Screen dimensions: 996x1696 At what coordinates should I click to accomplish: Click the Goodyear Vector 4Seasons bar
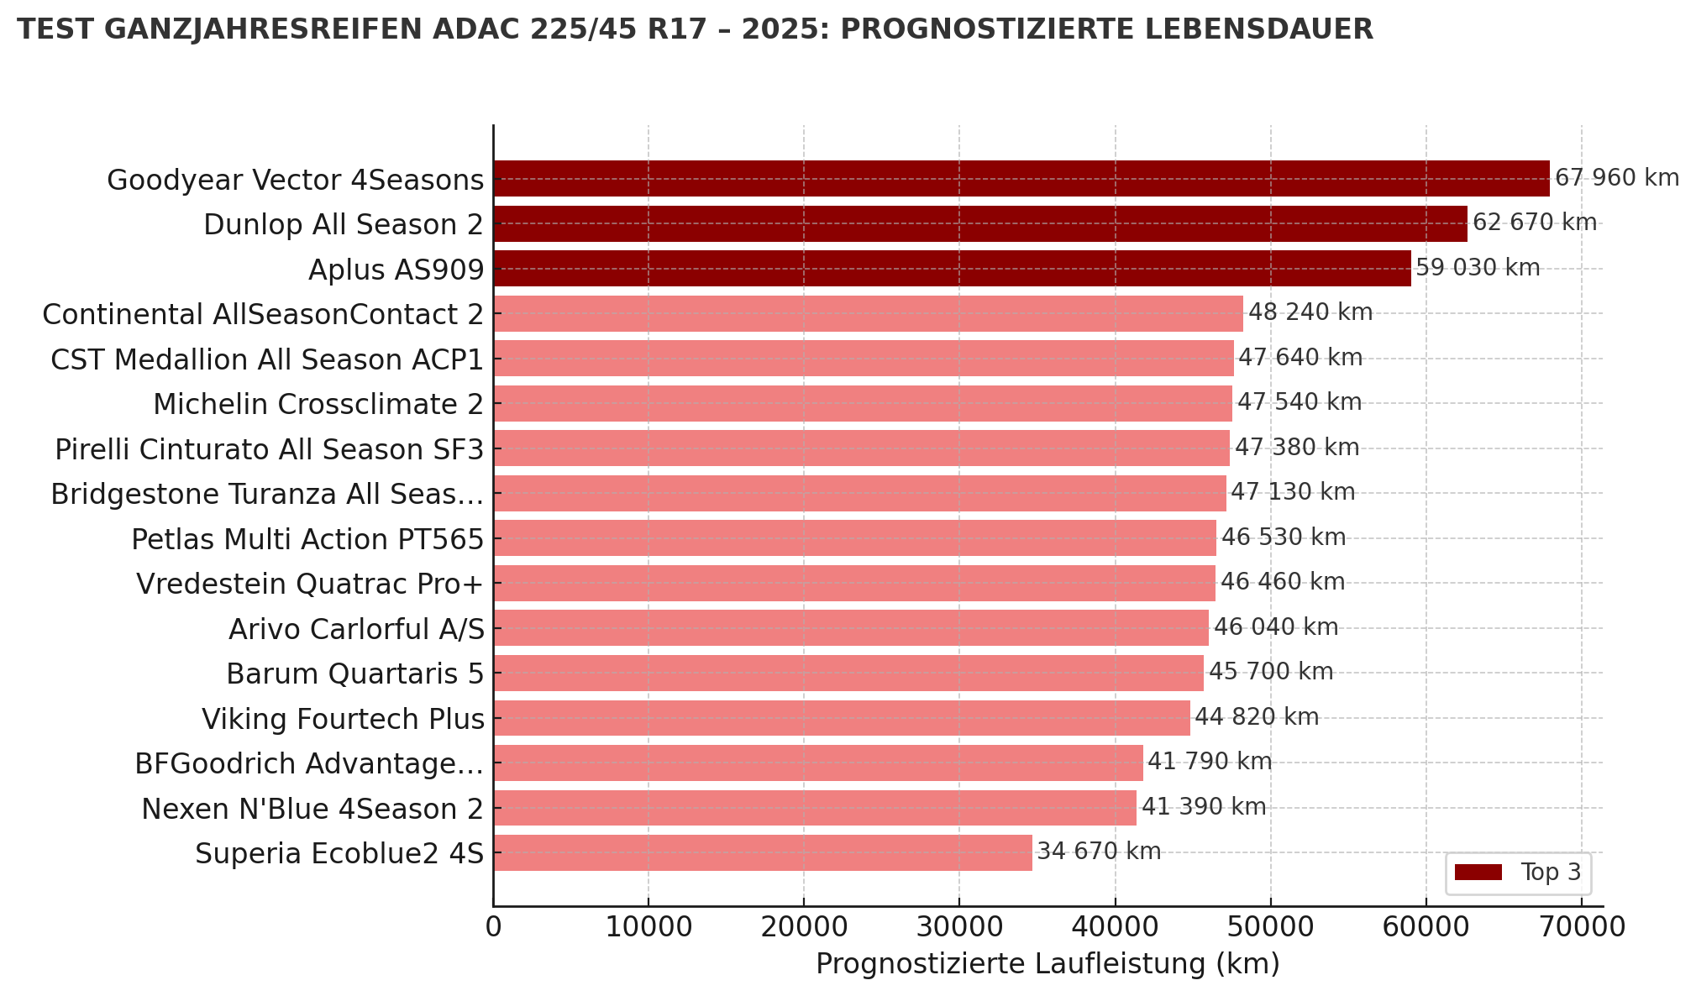pyautogui.click(x=1021, y=179)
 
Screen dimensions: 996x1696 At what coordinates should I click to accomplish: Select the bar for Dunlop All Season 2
pyautogui.click(x=979, y=224)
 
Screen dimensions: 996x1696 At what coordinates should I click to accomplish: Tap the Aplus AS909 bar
pyautogui.click(x=952, y=269)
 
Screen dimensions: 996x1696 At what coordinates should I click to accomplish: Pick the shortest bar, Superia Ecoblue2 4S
pyautogui.click(x=762, y=852)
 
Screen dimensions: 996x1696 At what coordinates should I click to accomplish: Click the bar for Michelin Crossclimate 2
pyautogui.click(x=862, y=403)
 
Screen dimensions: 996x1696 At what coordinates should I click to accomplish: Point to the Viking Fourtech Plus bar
pyautogui.click(x=841, y=718)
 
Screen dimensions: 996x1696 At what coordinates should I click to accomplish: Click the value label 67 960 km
pyautogui.click(x=1616, y=178)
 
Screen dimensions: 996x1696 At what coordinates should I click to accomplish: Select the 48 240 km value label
pyautogui.click(x=1310, y=312)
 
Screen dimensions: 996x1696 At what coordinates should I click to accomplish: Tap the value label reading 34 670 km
pyautogui.click(x=1099, y=852)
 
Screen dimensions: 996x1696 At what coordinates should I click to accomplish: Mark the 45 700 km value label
pyautogui.click(x=1270, y=672)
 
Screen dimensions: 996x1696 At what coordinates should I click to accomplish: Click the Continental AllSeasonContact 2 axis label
pyautogui.click(x=263, y=314)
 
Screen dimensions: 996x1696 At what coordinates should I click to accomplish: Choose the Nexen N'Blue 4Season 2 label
pyautogui.click(x=312, y=809)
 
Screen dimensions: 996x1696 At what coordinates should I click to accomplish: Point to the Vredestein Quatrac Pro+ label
pyautogui.click(x=310, y=584)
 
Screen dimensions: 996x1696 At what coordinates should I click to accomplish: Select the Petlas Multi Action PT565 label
pyautogui.click(x=307, y=539)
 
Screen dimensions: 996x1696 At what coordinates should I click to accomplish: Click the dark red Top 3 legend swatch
pyautogui.click(x=1478, y=873)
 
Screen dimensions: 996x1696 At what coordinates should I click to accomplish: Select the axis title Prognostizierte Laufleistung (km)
pyautogui.click(x=1048, y=964)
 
